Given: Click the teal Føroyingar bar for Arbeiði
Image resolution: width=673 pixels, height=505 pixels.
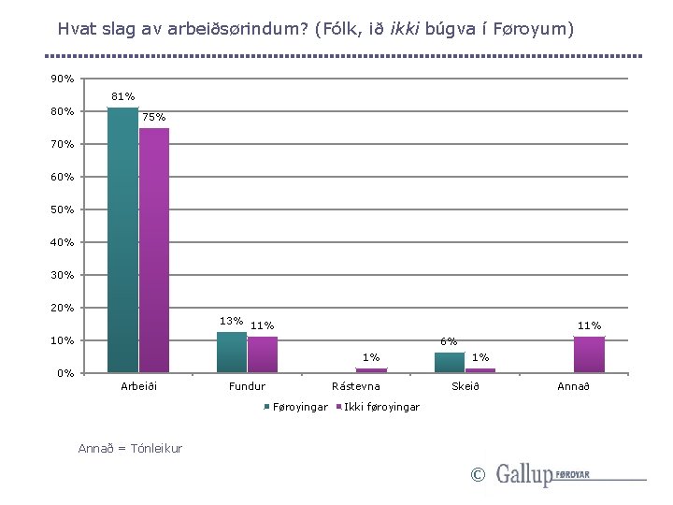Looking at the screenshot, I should (x=122, y=240).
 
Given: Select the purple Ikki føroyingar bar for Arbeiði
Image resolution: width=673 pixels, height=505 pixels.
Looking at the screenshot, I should (x=154, y=250).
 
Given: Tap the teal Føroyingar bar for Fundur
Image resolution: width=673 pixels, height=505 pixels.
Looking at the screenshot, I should (x=232, y=353).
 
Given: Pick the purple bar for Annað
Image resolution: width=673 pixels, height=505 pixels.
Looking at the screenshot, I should (x=589, y=354).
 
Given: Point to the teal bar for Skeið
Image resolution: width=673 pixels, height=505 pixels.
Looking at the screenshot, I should (x=450, y=363).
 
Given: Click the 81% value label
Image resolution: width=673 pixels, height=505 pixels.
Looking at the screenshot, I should (x=122, y=96).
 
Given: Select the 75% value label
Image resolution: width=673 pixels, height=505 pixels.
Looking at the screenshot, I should (x=154, y=117).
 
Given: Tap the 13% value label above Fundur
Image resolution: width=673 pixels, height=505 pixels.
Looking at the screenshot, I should (x=231, y=321).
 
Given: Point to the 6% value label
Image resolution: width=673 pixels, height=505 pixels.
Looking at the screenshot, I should (x=450, y=341).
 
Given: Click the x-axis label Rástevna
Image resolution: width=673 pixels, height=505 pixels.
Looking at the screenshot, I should (x=356, y=386).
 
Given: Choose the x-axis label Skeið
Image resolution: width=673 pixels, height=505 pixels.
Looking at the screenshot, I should (x=465, y=386).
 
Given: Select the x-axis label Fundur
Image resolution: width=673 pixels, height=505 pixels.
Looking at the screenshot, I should (x=247, y=386).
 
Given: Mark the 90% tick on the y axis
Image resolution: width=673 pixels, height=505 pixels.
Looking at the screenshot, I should (x=63, y=79).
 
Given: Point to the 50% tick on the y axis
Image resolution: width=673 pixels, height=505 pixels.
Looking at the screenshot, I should (x=63, y=209).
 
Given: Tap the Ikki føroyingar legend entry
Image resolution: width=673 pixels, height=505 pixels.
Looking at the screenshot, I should (x=380, y=406).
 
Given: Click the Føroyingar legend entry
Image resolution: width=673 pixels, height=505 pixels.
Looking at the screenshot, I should (x=298, y=406).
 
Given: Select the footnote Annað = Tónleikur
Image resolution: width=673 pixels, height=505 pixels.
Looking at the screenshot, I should (x=130, y=449).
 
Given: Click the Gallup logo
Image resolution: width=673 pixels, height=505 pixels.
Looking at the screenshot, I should (x=542, y=474).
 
